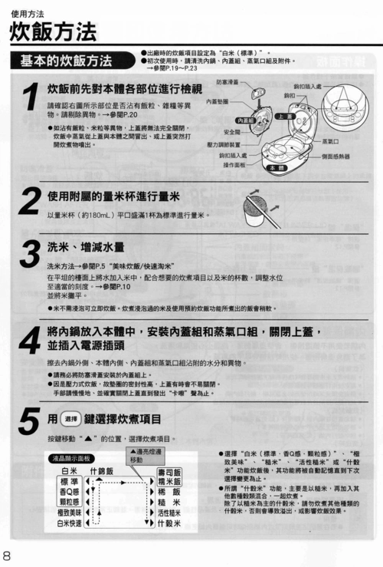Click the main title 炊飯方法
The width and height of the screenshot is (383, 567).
[53, 31]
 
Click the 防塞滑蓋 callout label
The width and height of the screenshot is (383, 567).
[228, 81]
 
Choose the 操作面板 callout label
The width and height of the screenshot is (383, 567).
[234, 165]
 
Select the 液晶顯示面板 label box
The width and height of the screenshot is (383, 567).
[70, 458]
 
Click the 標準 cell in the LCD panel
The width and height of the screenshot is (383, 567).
[68, 481]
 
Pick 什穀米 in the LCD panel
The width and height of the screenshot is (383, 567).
[169, 524]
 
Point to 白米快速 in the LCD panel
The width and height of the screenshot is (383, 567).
[69, 524]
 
